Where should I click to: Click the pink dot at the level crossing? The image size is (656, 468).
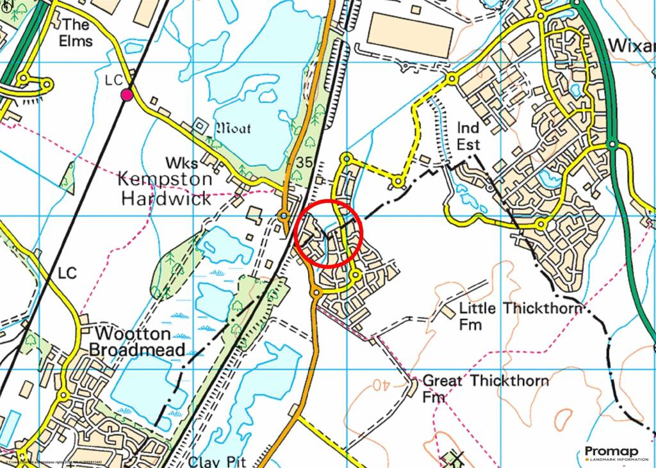pos(127,95)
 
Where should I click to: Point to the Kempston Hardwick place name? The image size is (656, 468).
pos(164,188)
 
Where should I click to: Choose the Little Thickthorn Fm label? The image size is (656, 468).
pos(520,316)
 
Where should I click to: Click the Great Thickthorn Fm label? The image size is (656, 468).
pos(486,389)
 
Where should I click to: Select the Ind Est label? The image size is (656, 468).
pos(468,136)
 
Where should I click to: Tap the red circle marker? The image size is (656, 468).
pos(329,233)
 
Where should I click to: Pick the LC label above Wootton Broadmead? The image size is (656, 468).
pos(67,273)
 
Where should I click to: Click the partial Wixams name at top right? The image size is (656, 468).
pos(631,45)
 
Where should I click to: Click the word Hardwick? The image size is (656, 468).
pos(166,198)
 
